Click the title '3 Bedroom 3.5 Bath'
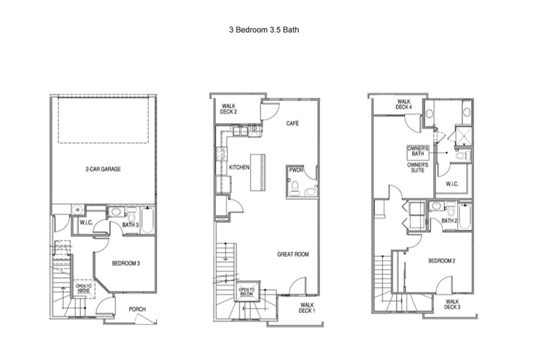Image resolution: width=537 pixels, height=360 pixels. click(264, 30)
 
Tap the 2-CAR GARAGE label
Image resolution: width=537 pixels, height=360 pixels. click(103, 169)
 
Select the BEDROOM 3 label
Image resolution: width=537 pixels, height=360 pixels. click(126, 263)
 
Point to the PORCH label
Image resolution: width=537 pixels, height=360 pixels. click(137, 309)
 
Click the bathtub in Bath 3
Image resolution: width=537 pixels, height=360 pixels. click(147, 220)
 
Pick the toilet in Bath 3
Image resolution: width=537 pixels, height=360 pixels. click(131, 215)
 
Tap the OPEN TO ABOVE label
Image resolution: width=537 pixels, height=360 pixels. click(84, 288)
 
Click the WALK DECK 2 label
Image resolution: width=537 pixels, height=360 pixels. click(228, 109)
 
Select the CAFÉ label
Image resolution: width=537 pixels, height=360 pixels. click(293, 123)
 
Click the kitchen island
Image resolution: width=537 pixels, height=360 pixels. click(258, 172)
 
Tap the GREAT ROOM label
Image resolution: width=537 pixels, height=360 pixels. click(293, 254)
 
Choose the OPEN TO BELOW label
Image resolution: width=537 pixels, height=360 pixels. click(247, 292)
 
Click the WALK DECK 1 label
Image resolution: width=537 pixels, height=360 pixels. click(307, 308)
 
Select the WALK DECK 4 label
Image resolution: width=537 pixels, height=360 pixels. click(404, 104)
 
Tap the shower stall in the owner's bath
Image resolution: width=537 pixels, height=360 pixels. click(464, 136)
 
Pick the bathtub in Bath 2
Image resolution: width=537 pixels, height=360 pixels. click(465, 217)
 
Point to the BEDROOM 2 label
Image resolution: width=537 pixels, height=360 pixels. click(442, 261)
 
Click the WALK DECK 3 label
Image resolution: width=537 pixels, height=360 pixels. click(452, 304)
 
